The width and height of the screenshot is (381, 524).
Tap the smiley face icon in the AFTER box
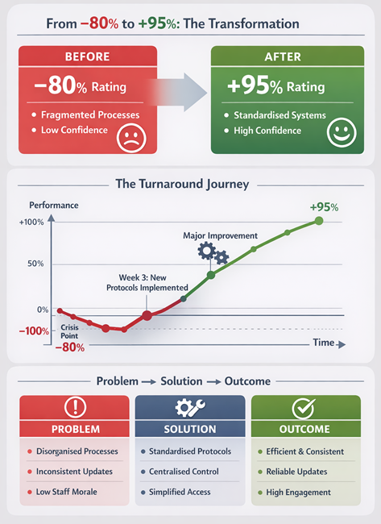coord(342,133)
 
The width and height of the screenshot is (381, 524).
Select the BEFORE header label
coord(87,58)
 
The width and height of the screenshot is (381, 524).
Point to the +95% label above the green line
coord(324,207)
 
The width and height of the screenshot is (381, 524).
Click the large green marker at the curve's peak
coord(319,220)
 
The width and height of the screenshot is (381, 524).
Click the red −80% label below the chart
coord(70,347)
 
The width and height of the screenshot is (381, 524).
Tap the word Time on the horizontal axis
coord(323,343)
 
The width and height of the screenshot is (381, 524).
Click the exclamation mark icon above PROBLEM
coord(75,407)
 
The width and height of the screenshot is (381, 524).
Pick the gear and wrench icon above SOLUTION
coord(190,407)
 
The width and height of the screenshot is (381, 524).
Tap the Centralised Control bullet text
coord(186,472)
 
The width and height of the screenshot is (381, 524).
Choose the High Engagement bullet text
coord(299,492)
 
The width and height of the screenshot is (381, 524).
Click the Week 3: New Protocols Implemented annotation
coord(148,281)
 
